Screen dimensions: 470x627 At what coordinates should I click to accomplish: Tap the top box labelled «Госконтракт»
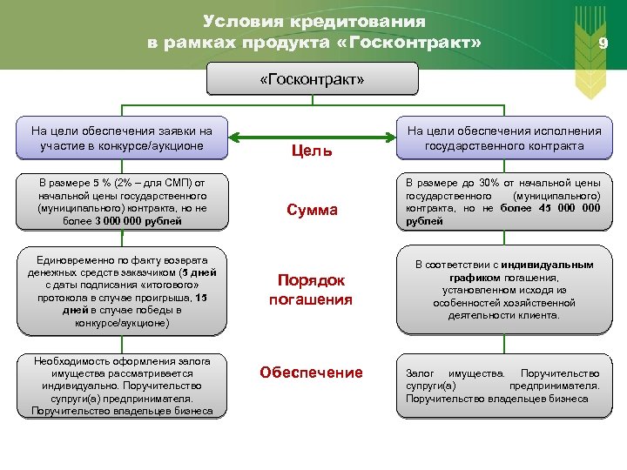(x=312, y=80)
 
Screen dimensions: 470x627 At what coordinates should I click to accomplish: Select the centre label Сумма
(x=312, y=211)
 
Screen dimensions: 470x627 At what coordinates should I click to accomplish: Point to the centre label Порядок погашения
(x=311, y=290)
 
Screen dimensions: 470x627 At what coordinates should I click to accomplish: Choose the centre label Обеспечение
(x=311, y=373)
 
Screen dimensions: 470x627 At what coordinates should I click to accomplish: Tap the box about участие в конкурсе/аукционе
(x=121, y=138)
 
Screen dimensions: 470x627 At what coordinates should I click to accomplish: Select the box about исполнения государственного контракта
(x=504, y=138)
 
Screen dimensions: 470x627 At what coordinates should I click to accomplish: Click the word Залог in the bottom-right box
(x=421, y=373)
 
